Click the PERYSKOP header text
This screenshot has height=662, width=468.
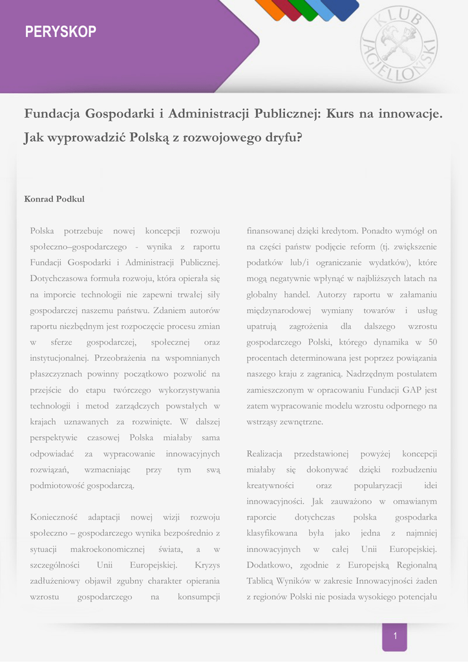click(x=61, y=32)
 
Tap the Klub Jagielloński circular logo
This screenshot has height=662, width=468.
click(x=398, y=44)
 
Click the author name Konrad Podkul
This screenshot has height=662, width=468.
click(x=54, y=199)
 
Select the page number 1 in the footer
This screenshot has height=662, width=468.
click(x=395, y=637)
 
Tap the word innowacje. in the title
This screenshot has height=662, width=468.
click(x=411, y=114)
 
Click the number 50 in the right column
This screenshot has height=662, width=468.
click(x=432, y=342)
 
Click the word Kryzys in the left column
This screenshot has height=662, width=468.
click(x=207, y=565)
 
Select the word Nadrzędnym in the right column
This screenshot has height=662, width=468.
click(x=369, y=374)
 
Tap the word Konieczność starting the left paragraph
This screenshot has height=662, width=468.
click(x=54, y=517)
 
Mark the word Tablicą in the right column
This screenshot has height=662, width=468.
click(x=262, y=581)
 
